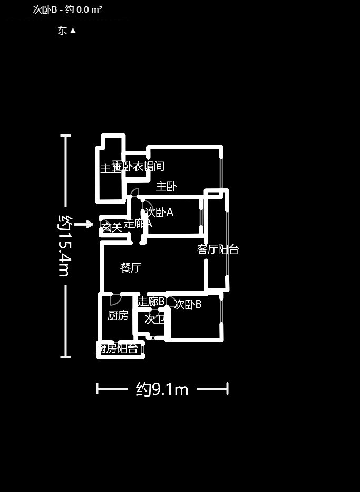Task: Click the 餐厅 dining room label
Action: pos(131,268)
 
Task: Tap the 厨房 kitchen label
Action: pos(118,315)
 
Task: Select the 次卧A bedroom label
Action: pos(159,212)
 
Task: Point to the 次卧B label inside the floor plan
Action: pos(188,304)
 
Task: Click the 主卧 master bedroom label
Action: pos(166,186)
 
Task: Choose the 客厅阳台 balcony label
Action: pos(218,249)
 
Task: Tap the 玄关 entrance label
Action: pos(111,227)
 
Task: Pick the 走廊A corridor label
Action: pos(138,224)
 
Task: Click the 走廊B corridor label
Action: pos(151,301)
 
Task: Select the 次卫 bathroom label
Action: pos(155,319)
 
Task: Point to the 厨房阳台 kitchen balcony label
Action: pos(118,348)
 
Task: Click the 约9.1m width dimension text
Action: pos(162,389)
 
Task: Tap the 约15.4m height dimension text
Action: pos(65,245)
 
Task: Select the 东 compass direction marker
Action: pos(66,31)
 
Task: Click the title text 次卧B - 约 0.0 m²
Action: pos(67,9)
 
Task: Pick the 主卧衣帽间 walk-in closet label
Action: pos(139,167)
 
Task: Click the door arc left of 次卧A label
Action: pos(147,208)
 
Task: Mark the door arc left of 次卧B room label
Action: pos(171,302)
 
